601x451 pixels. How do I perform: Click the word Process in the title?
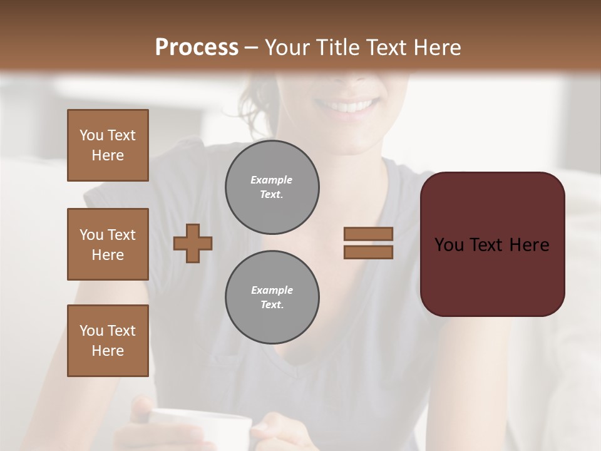pyautogui.click(x=197, y=48)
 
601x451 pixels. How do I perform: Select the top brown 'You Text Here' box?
pyautogui.click(x=108, y=145)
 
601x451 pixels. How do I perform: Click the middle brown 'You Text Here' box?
pyautogui.click(x=108, y=244)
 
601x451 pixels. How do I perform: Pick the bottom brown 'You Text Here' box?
pyautogui.click(x=108, y=341)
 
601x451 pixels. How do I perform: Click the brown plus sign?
pyautogui.click(x=193, y=243)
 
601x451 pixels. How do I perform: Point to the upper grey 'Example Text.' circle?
pyautogui.click(x=272, y=187)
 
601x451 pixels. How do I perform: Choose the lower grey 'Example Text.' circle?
pyautogui.click(x=272, y=298)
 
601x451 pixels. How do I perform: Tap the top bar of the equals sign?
pyautogui.click(x=368, y=234)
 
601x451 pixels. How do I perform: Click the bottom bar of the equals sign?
pyautogui.click(x=368, y=252)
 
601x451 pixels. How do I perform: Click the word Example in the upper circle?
pyautogui.click(x=272, y=180)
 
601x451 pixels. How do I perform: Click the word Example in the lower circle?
pyautogui.click(x=272, y=290)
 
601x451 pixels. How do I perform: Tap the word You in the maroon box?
pyautogui.click(x=449, y=245)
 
